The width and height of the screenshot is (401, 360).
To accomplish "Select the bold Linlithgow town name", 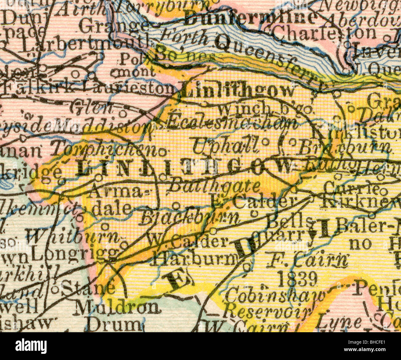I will tap(238, 91).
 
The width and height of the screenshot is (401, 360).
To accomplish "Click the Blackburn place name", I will tap(190, 219).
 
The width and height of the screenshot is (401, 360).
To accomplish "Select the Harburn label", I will tap(194, 260).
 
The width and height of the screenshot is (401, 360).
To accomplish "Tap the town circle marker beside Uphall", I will tap(265, 142).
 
